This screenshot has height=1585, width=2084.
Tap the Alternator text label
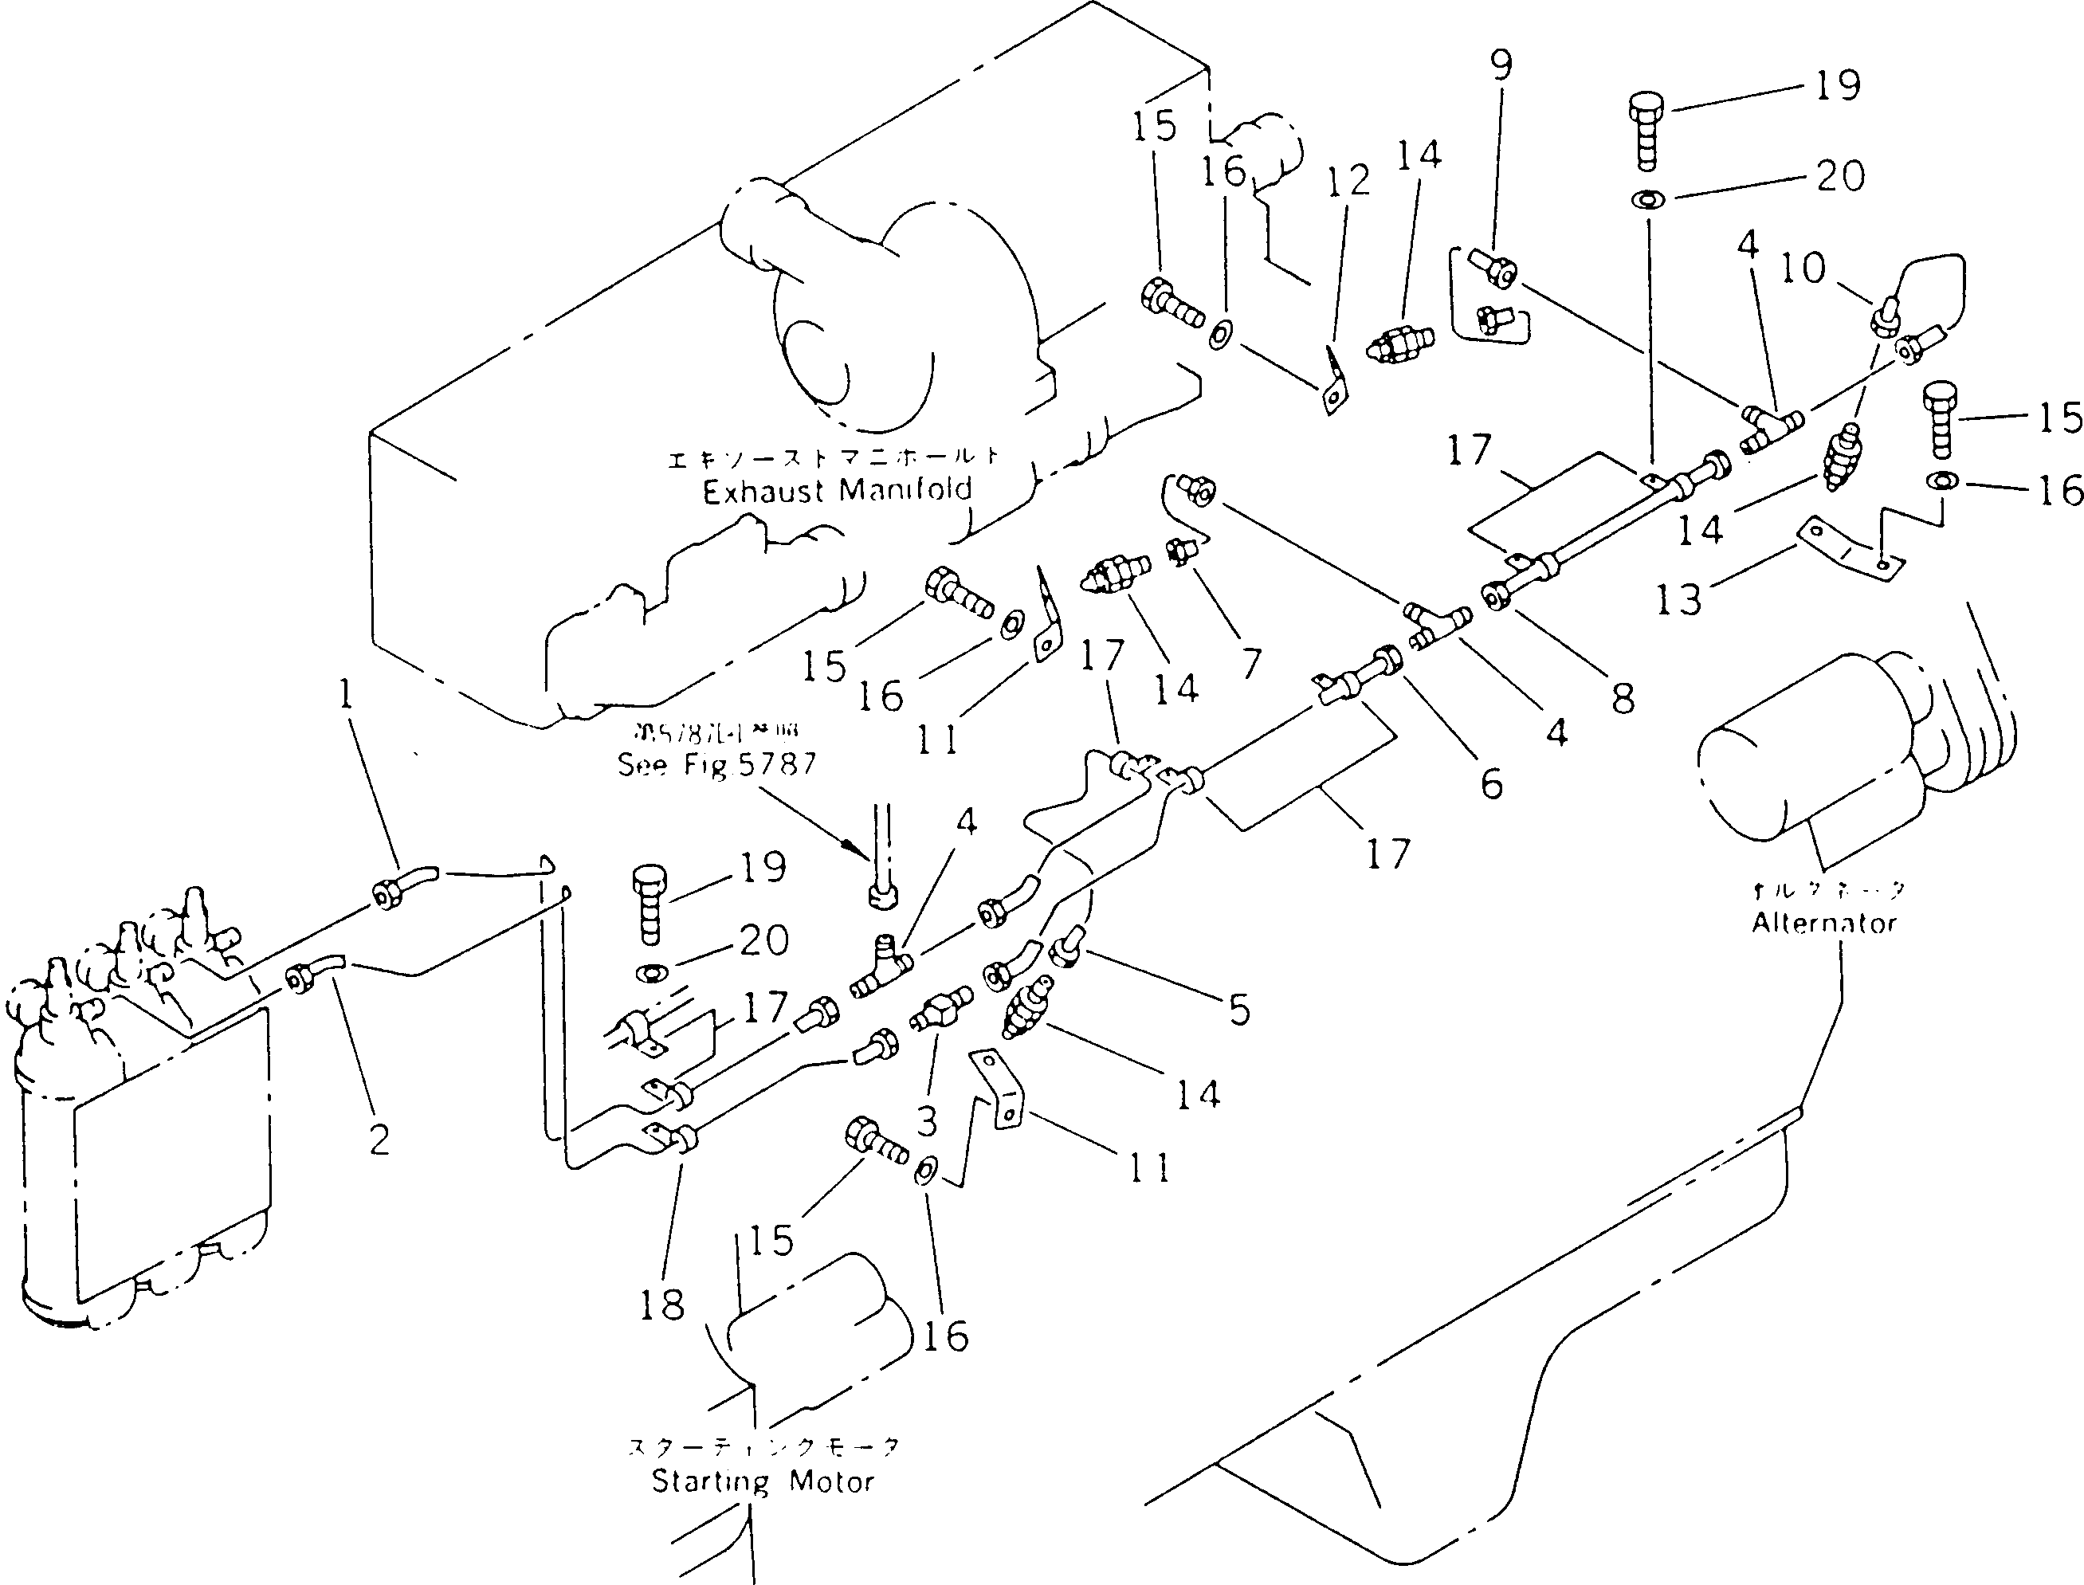(1823, 923)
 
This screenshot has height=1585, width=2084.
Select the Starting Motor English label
(763, 1481)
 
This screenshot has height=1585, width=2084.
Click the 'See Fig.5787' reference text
(717, 763)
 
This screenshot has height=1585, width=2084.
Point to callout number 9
(1500, 65)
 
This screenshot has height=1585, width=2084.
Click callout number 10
(1803, 268)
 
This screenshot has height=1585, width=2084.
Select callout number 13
(1678, 599)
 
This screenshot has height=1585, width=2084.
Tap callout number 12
(1348, 179)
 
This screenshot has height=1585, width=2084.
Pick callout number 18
(661, 1306)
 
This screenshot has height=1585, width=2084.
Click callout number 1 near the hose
(345, 696)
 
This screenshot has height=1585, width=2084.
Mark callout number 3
(926, 1121)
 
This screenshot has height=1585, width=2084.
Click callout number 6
(1490, 782)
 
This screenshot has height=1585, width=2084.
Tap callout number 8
(1623, 698)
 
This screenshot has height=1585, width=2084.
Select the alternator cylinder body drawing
(1792, 764)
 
